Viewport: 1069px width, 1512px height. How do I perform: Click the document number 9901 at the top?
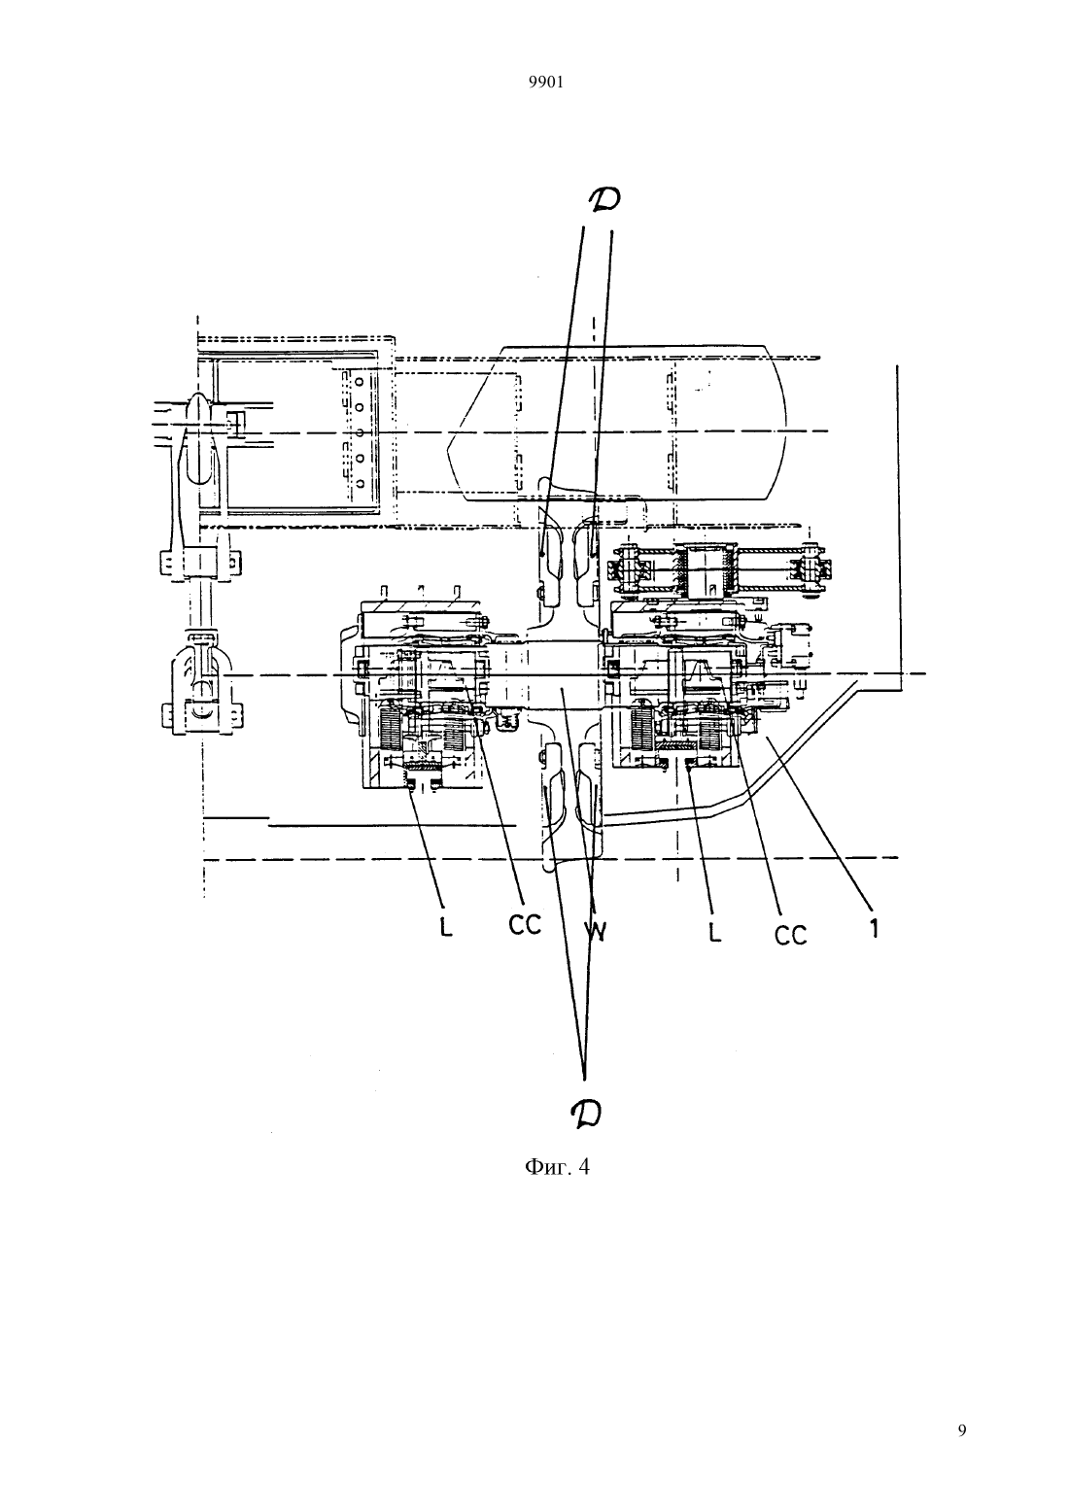tap(545, 82)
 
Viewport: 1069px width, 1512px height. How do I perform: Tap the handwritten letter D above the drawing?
tap(603, 198)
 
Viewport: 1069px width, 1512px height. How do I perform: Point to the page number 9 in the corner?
tap(962, 1430)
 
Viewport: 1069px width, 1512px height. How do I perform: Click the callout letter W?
tap(596, 932)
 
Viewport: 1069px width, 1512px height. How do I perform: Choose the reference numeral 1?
tap(874, 929)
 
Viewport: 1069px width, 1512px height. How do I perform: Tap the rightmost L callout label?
tap(714, 932)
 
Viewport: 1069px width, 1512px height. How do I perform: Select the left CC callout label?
tap(525, 925)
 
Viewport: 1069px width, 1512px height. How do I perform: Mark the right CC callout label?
tap(790, 935)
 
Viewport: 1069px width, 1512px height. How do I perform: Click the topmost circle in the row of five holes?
tap(359, 381)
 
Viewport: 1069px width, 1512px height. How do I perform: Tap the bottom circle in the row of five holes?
tap(359, 483)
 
